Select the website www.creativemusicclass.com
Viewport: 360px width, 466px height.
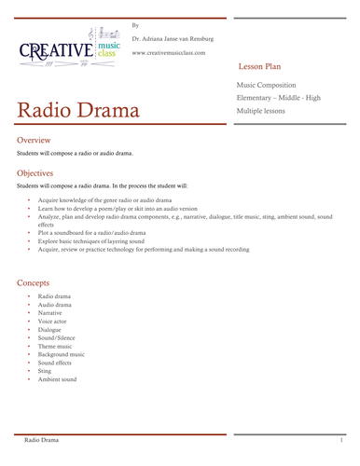pos(173,53)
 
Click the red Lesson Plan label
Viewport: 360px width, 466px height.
pos(266,69)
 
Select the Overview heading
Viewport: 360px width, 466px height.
pos(40,139)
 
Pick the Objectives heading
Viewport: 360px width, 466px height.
pos(42,173)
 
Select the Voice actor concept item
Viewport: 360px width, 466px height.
pos(54,322)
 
